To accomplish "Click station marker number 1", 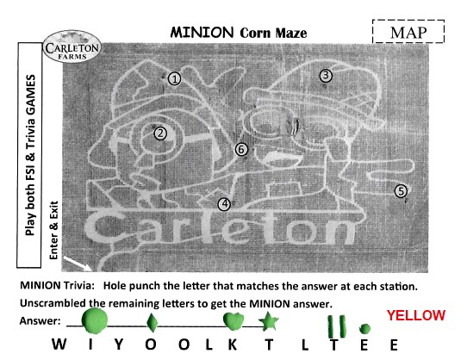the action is pos(175,79).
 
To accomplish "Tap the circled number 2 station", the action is pos(160,133).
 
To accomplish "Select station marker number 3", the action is pos(326,75).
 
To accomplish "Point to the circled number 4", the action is pos(224,204).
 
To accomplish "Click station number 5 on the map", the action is pos(401,191).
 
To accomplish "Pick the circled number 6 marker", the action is pos(241,149).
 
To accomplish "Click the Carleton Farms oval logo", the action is pos(72,47).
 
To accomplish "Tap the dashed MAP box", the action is pos(408,32).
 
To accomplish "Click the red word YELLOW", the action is pos(416,315).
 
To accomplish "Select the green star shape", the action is pos(269,321).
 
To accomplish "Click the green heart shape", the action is pos(233,321).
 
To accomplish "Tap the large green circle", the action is pos(95,320).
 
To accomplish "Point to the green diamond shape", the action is pos(152,322).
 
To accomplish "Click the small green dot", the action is pos(364,329).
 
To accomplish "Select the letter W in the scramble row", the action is pos(59,344).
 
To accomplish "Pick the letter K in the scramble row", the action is pos(233,344).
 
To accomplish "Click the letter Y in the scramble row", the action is pos(119,344).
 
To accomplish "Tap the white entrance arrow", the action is pos(78,264).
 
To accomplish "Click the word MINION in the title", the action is pos(202,32).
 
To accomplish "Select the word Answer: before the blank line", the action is pos(40,321).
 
